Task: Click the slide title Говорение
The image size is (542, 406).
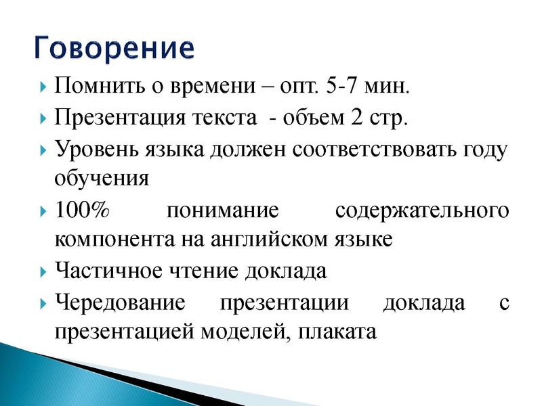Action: (x=114, y=48)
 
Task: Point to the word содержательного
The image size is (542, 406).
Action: (x=421, y=210)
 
